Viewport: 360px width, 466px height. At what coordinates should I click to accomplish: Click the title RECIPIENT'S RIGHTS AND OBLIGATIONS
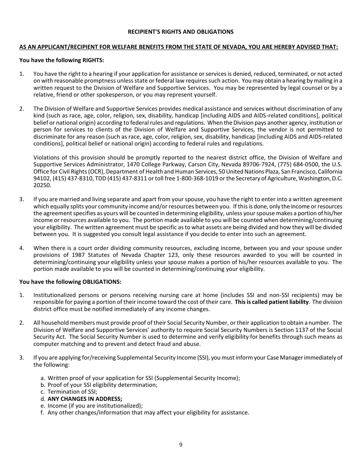point(180,32)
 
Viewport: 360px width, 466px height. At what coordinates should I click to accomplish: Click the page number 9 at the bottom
point(181,445)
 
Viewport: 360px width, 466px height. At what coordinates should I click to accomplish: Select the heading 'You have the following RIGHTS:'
point(62,60)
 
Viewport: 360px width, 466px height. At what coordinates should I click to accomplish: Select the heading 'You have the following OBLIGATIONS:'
point(70,281)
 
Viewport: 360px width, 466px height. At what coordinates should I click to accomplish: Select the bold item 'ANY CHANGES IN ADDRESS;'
point(85,399)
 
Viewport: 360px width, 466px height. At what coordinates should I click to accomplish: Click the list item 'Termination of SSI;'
point(72,392)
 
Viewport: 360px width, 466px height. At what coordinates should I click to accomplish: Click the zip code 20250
point(42,185)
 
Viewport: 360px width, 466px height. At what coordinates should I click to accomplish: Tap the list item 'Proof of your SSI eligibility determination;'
point(102,385)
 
